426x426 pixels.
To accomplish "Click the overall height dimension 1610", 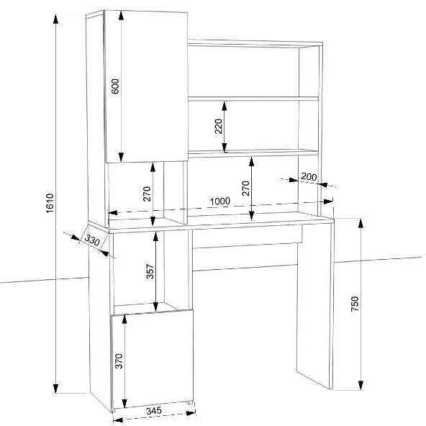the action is pyautogui.click(x=50, y=203).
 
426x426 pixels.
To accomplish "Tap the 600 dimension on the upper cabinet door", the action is pyautogui.click(x=115, y=86).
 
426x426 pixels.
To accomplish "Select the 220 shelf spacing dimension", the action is pyautogui.click(x=219, y=127).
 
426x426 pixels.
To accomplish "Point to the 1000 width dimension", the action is pyautogui.click(x=220, y=201).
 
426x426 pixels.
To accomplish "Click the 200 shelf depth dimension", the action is pyautogui.click(x=309, y=177).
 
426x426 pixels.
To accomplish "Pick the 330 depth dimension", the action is pyautogui.click(x=92, y=240).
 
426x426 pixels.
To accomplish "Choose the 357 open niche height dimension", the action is pyautogui.click(x=150, y=271).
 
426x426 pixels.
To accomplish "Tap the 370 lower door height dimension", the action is pyautogui.click(x=119, y=361).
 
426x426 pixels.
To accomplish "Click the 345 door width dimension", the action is pyautogui.click(x=154, y=411).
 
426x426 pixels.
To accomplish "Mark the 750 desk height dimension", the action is pyautogui.click(x=355, y=304).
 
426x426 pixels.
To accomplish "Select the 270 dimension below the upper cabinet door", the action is pyautogui.click(x=147, y=194).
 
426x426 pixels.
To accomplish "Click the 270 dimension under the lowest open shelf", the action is pyautogui.click(x=245, y=189).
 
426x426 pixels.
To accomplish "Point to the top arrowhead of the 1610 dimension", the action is pyautogui.click(x=55, y=19).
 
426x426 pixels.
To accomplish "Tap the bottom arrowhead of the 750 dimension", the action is pyautogui.click(x=361, y=385).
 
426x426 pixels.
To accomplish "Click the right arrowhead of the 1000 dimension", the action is pyautogui.click(x=328, y=201).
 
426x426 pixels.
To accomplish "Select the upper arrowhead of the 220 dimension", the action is pyautogui.click(x=224, y=106).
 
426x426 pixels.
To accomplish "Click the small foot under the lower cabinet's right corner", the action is pyautogui.click(x=191, y=403).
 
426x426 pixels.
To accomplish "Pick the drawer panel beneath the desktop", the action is pyautogui.click(x=248, y=236).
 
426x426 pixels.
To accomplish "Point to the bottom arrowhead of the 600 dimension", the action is pyautogui.click(x=121, y=158).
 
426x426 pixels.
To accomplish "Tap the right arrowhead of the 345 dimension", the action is pyautogui.click(x=191, y=413).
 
